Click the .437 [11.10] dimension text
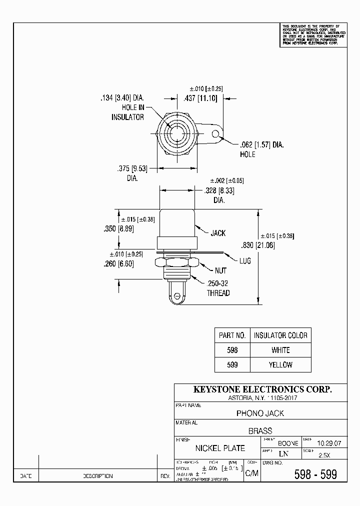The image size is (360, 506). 200,98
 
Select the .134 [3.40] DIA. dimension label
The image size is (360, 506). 122,98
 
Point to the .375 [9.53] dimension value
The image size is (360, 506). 132,168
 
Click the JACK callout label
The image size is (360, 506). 218,233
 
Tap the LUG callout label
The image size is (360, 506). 245,260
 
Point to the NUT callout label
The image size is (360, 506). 220,270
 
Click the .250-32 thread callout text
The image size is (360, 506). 218,283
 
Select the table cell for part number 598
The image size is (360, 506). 232,350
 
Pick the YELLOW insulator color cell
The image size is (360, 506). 280,365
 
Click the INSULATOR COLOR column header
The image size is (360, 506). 280,335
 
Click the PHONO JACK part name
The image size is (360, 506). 260,413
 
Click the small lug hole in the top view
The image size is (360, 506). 216,134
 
